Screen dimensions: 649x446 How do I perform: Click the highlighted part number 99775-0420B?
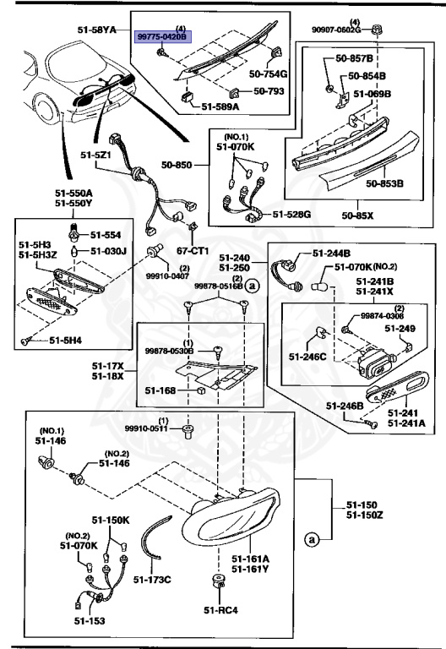tap(164, 37)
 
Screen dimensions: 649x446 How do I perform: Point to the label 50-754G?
tap(269, 74)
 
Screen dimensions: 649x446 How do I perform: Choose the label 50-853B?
tap(384, 183)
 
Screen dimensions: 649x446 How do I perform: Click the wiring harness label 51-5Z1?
tap(97, 155)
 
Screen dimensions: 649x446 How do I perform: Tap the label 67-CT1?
tap(193, 251)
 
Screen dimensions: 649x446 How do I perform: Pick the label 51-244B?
tap(331, 253)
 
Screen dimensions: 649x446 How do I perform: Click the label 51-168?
tap(160, 390)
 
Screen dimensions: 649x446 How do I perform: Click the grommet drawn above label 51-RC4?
tap(217, 582)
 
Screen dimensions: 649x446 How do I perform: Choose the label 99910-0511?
tap(149, 428)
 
